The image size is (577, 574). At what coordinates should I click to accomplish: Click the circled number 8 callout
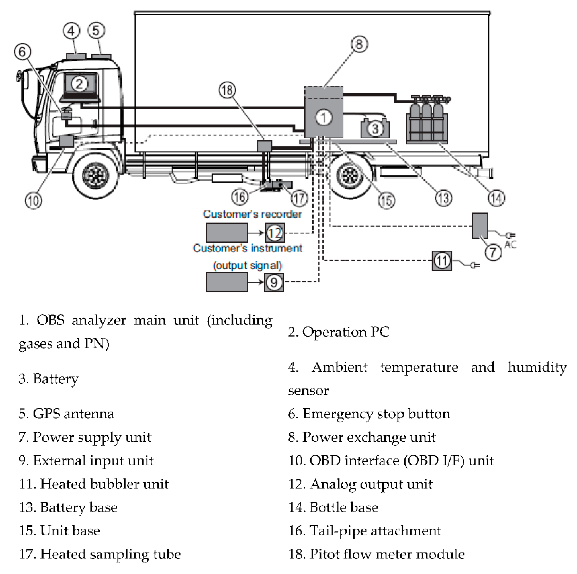point(359,44)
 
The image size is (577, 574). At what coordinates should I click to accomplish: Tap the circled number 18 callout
point(227,90)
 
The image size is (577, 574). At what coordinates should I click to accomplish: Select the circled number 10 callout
point(33,200)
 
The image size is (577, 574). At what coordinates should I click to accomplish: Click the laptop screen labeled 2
point(80,84)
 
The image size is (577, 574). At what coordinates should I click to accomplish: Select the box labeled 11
point(442,261)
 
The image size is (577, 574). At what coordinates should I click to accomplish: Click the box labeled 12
point(275,233)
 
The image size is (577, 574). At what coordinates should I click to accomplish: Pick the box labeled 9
point(274,282)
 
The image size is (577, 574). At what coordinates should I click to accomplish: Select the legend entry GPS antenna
point(66,414)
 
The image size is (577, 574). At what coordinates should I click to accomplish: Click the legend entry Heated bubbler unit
point(94,484)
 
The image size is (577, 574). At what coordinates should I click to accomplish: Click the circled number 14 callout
point(496,198)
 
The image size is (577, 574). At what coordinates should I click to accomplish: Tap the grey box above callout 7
point(480,226)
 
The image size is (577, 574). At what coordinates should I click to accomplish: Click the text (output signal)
point(247,265)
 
